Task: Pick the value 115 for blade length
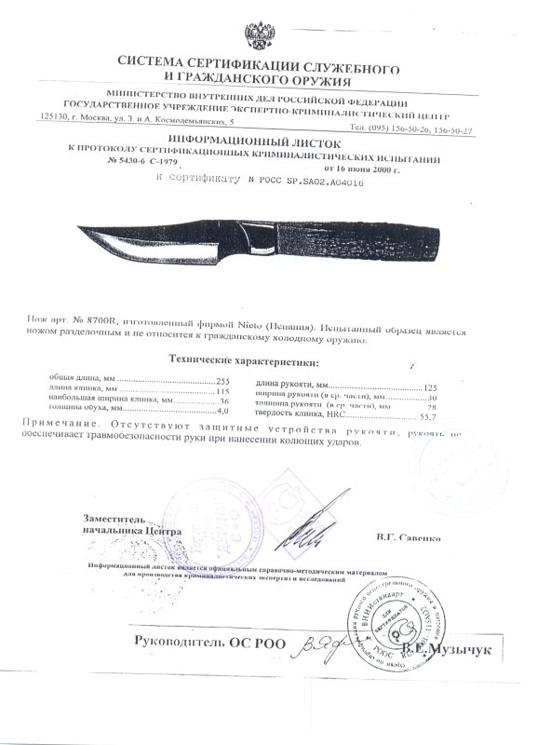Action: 222,391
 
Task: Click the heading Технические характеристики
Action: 242,361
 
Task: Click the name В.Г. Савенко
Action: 409,537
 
